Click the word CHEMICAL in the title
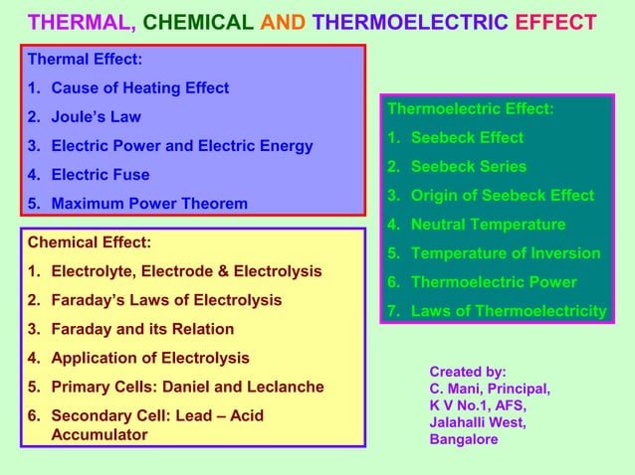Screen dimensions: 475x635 click(x=198, y=22)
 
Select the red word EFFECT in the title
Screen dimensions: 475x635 click(x=556, y=22)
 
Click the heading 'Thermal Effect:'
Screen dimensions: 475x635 click(x=85, y=59)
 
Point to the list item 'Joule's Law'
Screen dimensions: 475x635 click(x=96, y=117)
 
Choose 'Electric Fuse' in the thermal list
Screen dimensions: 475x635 click(x=100, y=175)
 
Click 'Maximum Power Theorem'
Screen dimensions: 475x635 click(x=149, y=204)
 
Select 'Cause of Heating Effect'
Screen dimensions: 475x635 click(x=139, y=88)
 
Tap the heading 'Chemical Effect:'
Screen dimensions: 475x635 click(x=90, y=241)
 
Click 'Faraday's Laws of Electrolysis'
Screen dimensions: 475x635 click(x=166, y=300)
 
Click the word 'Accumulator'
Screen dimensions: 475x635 click(x=99, y=435)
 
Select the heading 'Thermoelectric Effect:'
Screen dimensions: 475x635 click(x=470, y=108)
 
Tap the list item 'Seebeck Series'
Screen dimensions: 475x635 click(x=469, y=166)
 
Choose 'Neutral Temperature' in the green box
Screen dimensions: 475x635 click(x=488, y=225)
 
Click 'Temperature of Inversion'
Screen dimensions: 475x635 click(x=506, y=253)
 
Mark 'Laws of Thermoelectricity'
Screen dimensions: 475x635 click(x=509, y=311)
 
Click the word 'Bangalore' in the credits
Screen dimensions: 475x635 click(x=464, y=438)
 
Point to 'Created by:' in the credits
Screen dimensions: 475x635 click(x=468, y=371)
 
